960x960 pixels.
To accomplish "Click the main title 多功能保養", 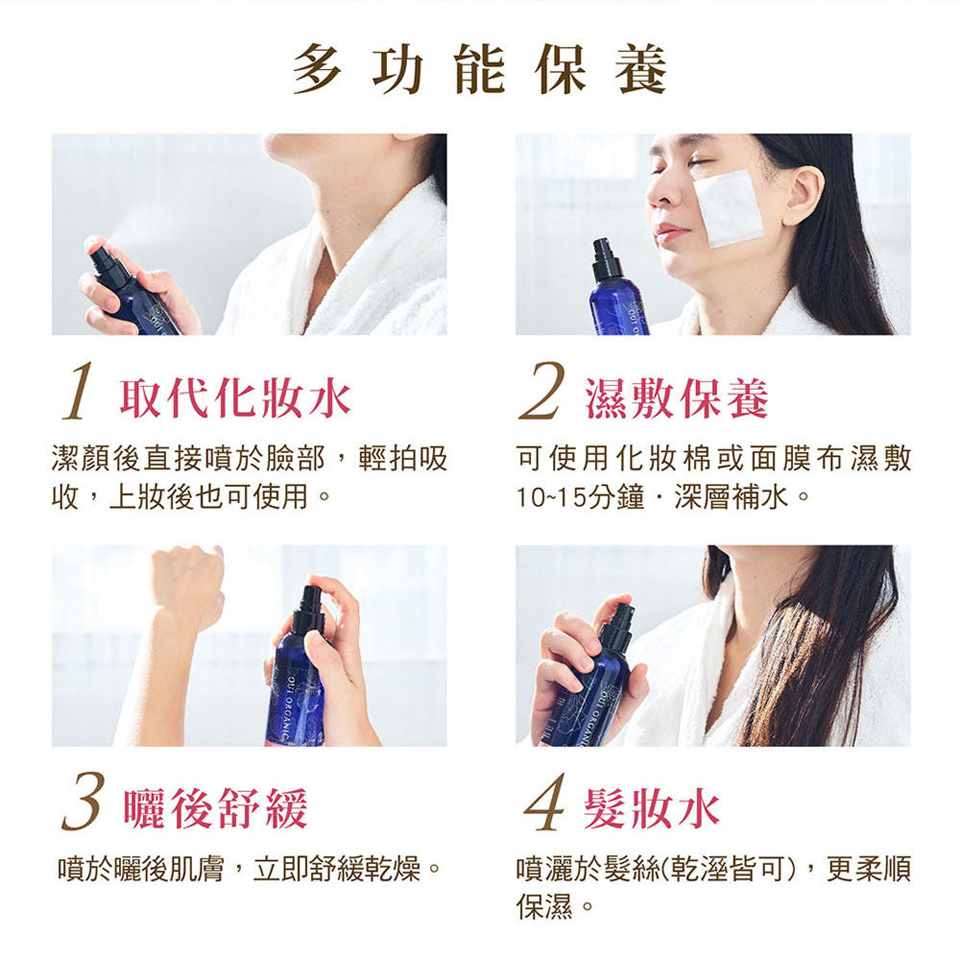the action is click(480, 70).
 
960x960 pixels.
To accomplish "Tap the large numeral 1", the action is click(79, 392).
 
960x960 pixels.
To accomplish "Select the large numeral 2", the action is click(540, 392).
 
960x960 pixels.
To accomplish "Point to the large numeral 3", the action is click(82, 802).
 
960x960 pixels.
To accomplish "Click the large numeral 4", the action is click(544, 802).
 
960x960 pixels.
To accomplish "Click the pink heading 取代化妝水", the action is click(235, 398).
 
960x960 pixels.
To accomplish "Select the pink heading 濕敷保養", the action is click(676, 398).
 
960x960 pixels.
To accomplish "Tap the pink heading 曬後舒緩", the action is click(215, 809).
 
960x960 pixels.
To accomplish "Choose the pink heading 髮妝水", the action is click(652, 809).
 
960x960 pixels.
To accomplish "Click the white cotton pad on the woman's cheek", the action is click(729, 208).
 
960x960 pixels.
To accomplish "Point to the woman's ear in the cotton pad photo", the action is click(802, 195).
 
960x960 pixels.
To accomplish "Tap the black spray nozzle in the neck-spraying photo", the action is click(108, 263).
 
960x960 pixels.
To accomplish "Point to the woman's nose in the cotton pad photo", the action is click(662, 190).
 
